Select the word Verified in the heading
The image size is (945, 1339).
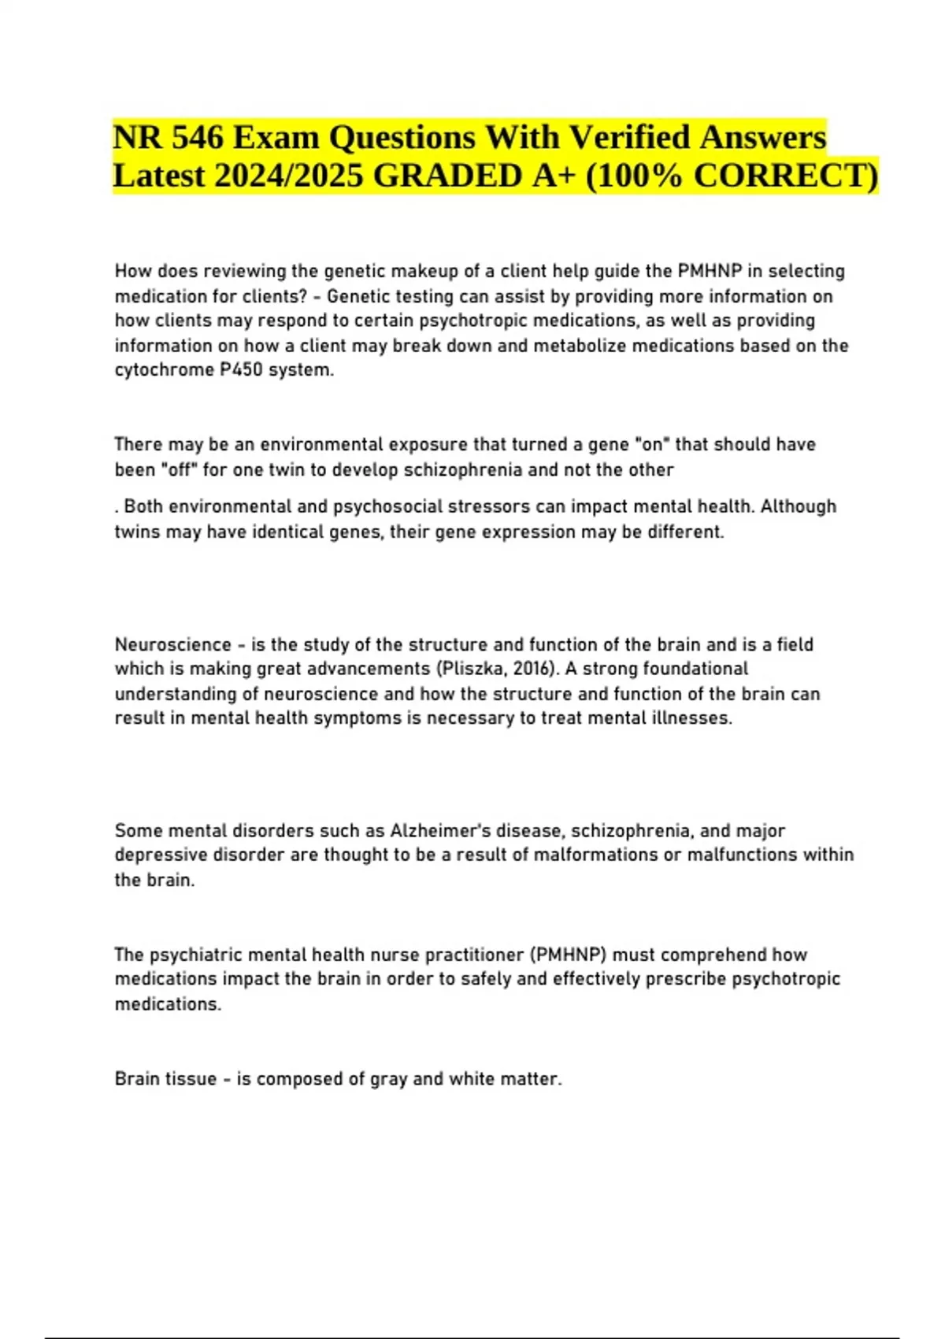628,138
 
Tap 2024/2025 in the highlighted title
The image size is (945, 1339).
288,176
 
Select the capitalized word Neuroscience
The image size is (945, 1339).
173,644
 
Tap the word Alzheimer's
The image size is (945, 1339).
437,831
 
